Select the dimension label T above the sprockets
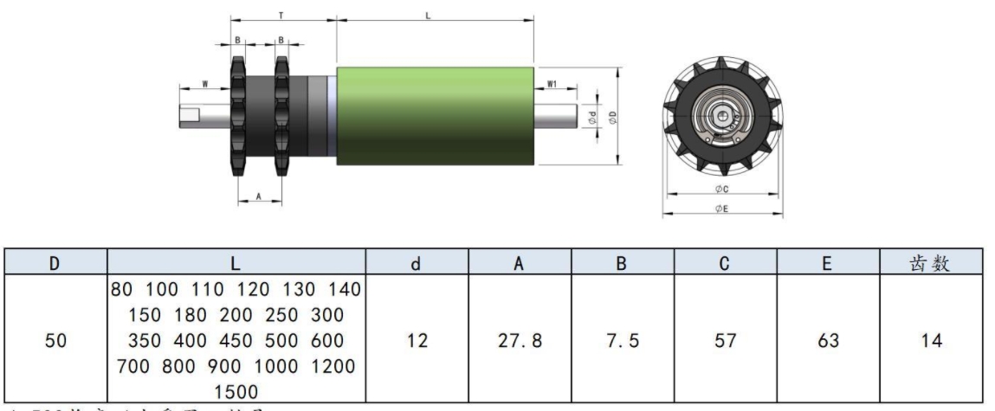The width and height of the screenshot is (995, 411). tap(281, 16)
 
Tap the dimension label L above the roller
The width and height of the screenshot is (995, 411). tap(430, 16)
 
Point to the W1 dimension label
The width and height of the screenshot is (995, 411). tap(552, 85)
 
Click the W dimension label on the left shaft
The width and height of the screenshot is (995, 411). tap(204, 84)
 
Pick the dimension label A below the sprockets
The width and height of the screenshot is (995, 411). tap(260, 196)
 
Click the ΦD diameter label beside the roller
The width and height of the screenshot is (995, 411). tap(612, 115)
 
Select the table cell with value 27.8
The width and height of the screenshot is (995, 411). tap(520, 341)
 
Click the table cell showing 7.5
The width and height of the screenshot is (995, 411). tap(622, 341)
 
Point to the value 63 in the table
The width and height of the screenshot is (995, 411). tap(828, 341)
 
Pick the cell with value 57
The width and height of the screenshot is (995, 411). tap(725, 341)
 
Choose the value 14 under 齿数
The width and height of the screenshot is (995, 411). tap(931, 341)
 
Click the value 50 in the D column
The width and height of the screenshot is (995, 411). tap(54, 341)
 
